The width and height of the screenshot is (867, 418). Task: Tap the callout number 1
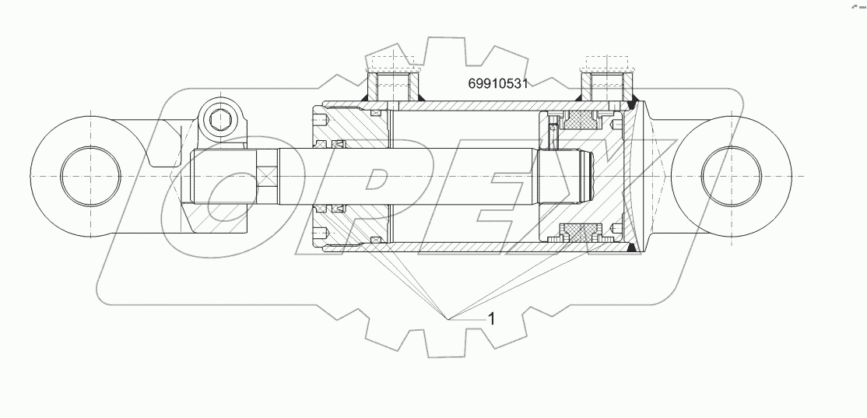tap(491, 318)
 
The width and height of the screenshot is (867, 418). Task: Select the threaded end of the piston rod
tap(581, 176)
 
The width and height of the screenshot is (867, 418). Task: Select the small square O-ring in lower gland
tap(376, 239)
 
